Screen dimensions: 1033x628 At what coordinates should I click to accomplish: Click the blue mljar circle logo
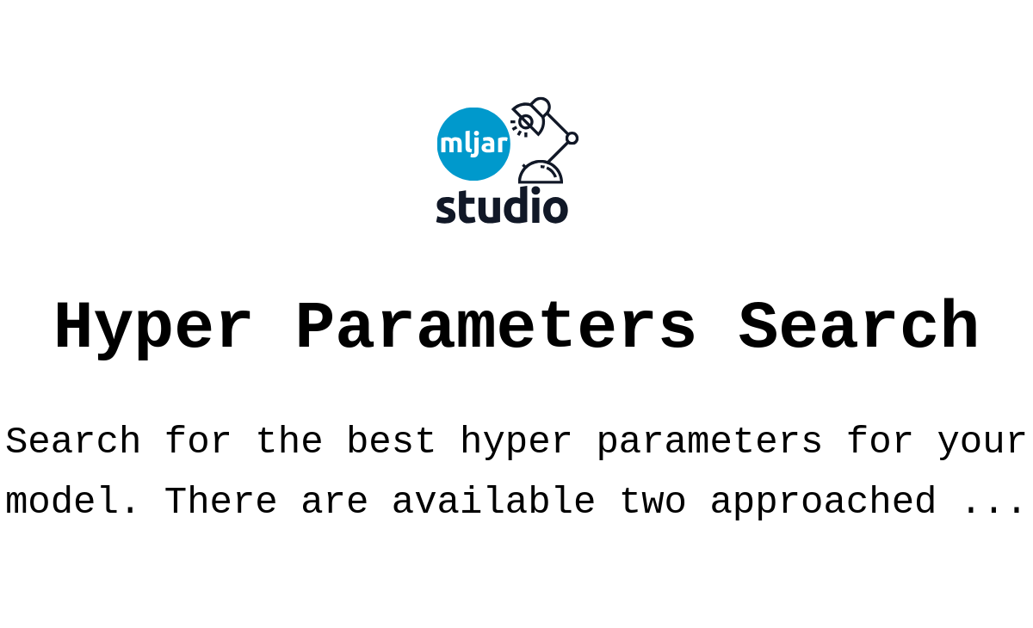click(x=473, y=144)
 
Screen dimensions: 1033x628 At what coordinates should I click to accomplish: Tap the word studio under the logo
click(x=502, y=206)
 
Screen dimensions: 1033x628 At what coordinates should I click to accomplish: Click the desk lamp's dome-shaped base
click(x=541, y=172)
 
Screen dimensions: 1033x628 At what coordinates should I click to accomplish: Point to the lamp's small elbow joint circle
click(x=572, y=139)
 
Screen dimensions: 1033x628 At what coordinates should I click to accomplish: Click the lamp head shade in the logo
click(x=531, y=115)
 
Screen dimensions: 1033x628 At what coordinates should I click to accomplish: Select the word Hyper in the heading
click(x=153, y=328)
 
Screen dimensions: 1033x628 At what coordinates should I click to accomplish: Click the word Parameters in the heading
click(x=496, y=326)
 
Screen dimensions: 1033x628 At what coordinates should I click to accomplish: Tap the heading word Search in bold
click(x=859, y=325)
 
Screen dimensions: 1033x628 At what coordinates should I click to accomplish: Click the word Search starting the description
click(x=73, y=441)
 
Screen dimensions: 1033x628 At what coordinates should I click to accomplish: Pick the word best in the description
click(x=391, y=441)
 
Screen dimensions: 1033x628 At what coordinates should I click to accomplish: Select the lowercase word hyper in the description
click(x=516, y=443)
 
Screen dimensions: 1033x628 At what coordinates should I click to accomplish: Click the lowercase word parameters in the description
click(x=709, y=443)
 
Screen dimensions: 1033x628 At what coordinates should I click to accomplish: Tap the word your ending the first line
click(x=982, y=443)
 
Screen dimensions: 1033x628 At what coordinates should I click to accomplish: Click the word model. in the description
click(x=71, y=501)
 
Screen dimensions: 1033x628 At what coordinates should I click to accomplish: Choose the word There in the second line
click(x=220, y=501)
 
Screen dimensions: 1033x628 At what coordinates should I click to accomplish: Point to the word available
click(x=494, y=501)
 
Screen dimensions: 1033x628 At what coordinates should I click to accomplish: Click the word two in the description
click(x=653, y=502)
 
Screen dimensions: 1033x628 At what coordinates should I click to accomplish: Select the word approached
click(x=823, y=502)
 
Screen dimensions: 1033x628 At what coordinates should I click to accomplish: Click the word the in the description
click(x=288, y=441)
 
